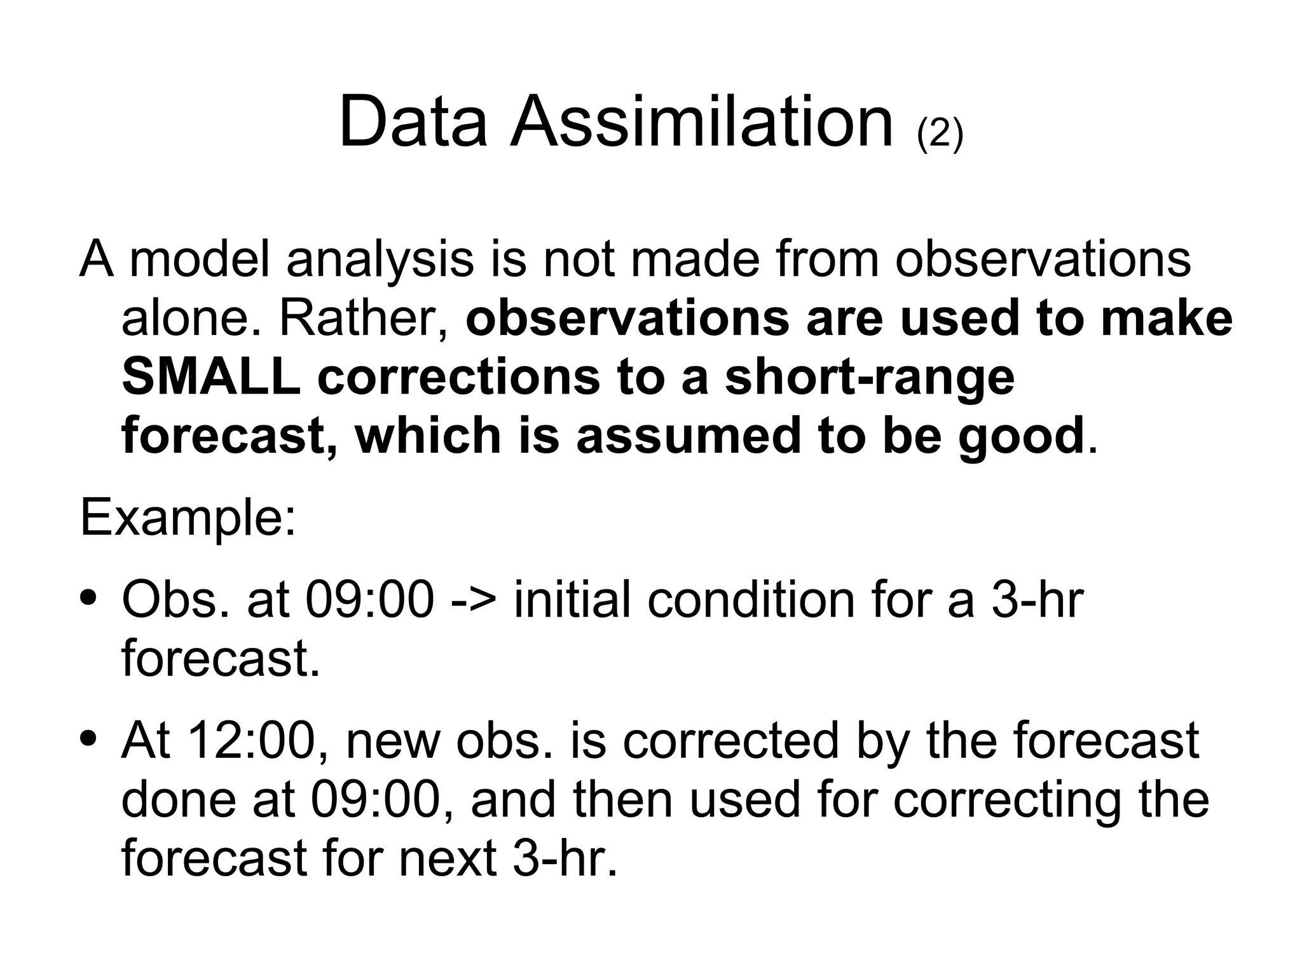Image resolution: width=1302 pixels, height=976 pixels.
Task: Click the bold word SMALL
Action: tap(210, 376)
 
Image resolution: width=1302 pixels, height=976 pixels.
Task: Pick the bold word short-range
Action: tap(869, 376)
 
